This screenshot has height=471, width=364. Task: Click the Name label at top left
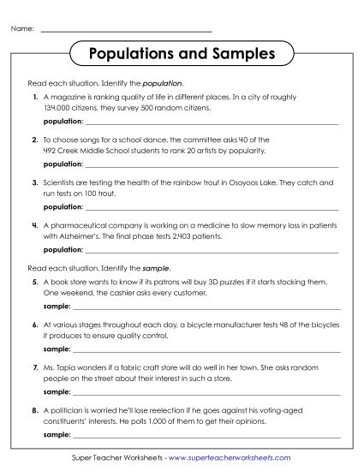22,30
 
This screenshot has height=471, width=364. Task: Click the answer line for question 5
206,307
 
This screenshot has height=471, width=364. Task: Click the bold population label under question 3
63,206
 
